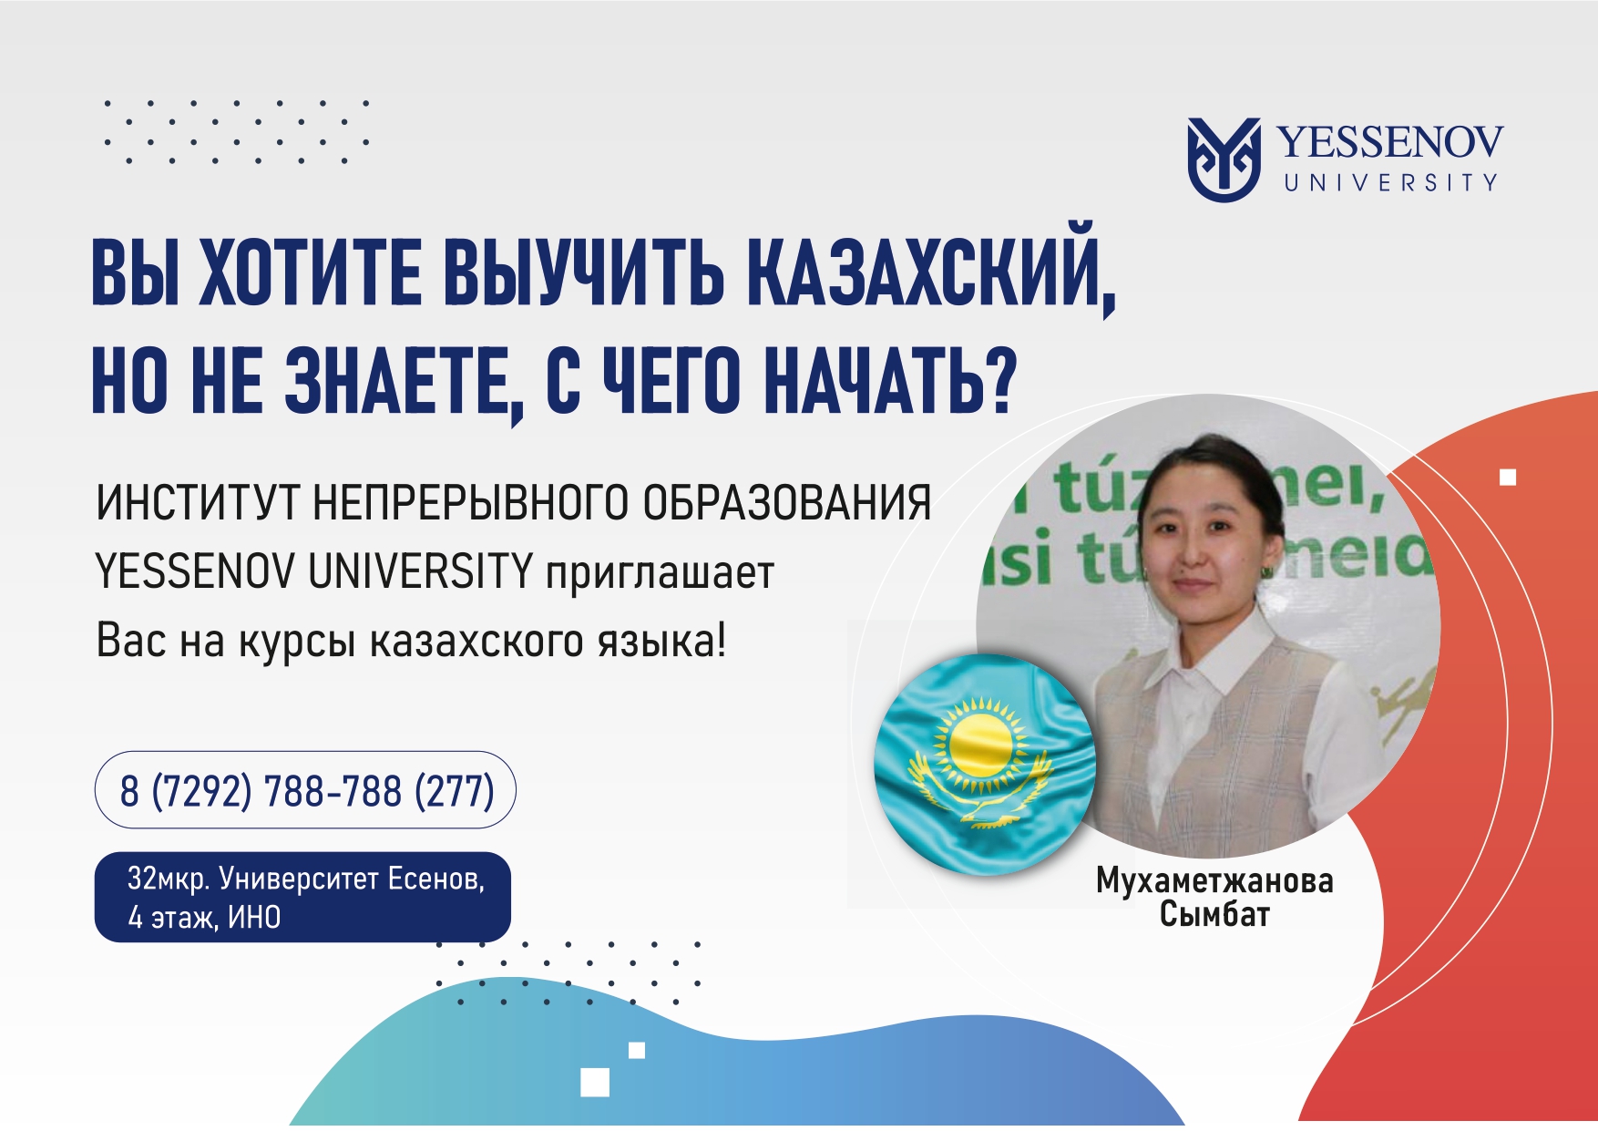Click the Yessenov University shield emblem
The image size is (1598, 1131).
pyautogui.click(x=1224, y=159)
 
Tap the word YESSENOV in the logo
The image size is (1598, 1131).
pyautogui.click(x=1389, y=142)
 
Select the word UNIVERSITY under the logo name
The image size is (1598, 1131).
pyautogui.click(x=1391, y=182)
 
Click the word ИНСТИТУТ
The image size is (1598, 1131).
pyautogui.click(x=198, y=503)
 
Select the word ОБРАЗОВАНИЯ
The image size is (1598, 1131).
pyautogui.click(x=787, y=503)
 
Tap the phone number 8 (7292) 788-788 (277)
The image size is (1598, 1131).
pyautogui.click(x=306, y=790)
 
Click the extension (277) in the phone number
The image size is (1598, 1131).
pyautogui.click(x=454, y=790)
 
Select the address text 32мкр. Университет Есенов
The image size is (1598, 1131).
pyautogui.click(x=305, y=879)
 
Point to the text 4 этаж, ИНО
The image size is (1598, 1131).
pyautogui.click(x=204, y=917)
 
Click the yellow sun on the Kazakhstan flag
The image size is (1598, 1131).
pyautogui.click(x=980, y=744)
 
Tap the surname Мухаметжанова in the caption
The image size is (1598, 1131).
pyautogui.click(x=1214, y=880)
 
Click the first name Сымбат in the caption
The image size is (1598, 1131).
pyautogui.click(x=1214, y=913)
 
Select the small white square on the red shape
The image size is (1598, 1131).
pyautogui.click(x=1508, y=477)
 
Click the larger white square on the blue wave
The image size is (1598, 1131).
pyautogui.click(x=595, y=1082)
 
